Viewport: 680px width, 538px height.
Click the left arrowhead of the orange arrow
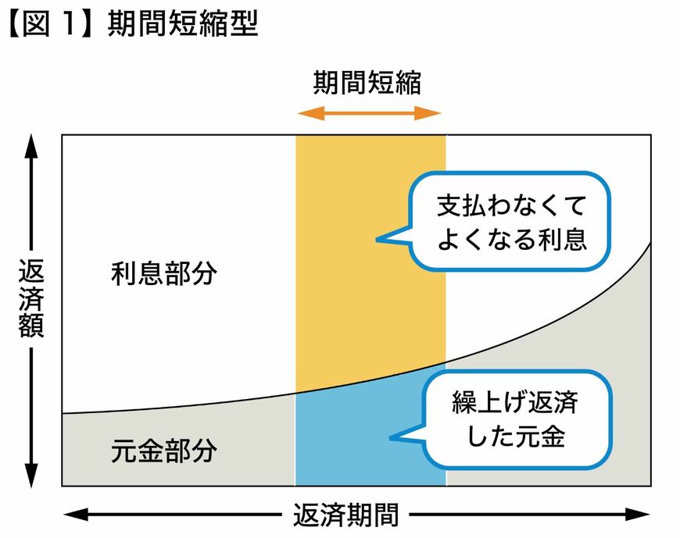click(x=305, y=113)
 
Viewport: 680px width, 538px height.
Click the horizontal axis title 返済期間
click(x=346, y=515)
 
